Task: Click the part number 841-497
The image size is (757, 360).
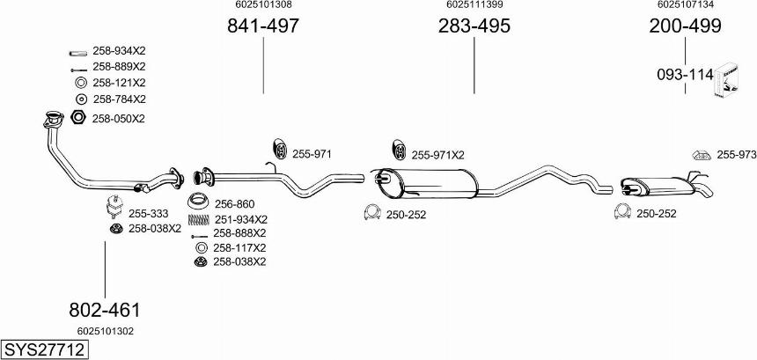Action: [263, 26]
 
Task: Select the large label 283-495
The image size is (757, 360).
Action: [474, 26]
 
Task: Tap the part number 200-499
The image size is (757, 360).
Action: [685, 26]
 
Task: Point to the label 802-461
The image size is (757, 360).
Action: [105, 310]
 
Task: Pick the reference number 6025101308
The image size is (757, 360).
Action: [263, 5]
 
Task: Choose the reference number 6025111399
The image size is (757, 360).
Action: [474, 5]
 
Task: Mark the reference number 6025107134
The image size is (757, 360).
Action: [685, 5]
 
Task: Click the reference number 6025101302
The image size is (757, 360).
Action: [105, 331]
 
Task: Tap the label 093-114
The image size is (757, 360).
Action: [684, 76]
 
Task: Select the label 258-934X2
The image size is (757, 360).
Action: [119, 51]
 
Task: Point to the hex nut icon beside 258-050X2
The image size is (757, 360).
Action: [77, 118]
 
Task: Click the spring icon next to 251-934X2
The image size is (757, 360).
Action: [199, 219]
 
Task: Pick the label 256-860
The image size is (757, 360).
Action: [234, 203]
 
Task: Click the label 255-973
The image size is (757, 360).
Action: [736, 155]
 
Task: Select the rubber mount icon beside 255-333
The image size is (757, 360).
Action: [114, 208]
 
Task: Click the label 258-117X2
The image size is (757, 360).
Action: [239, 247]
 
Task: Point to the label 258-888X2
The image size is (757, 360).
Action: [239, 233]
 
